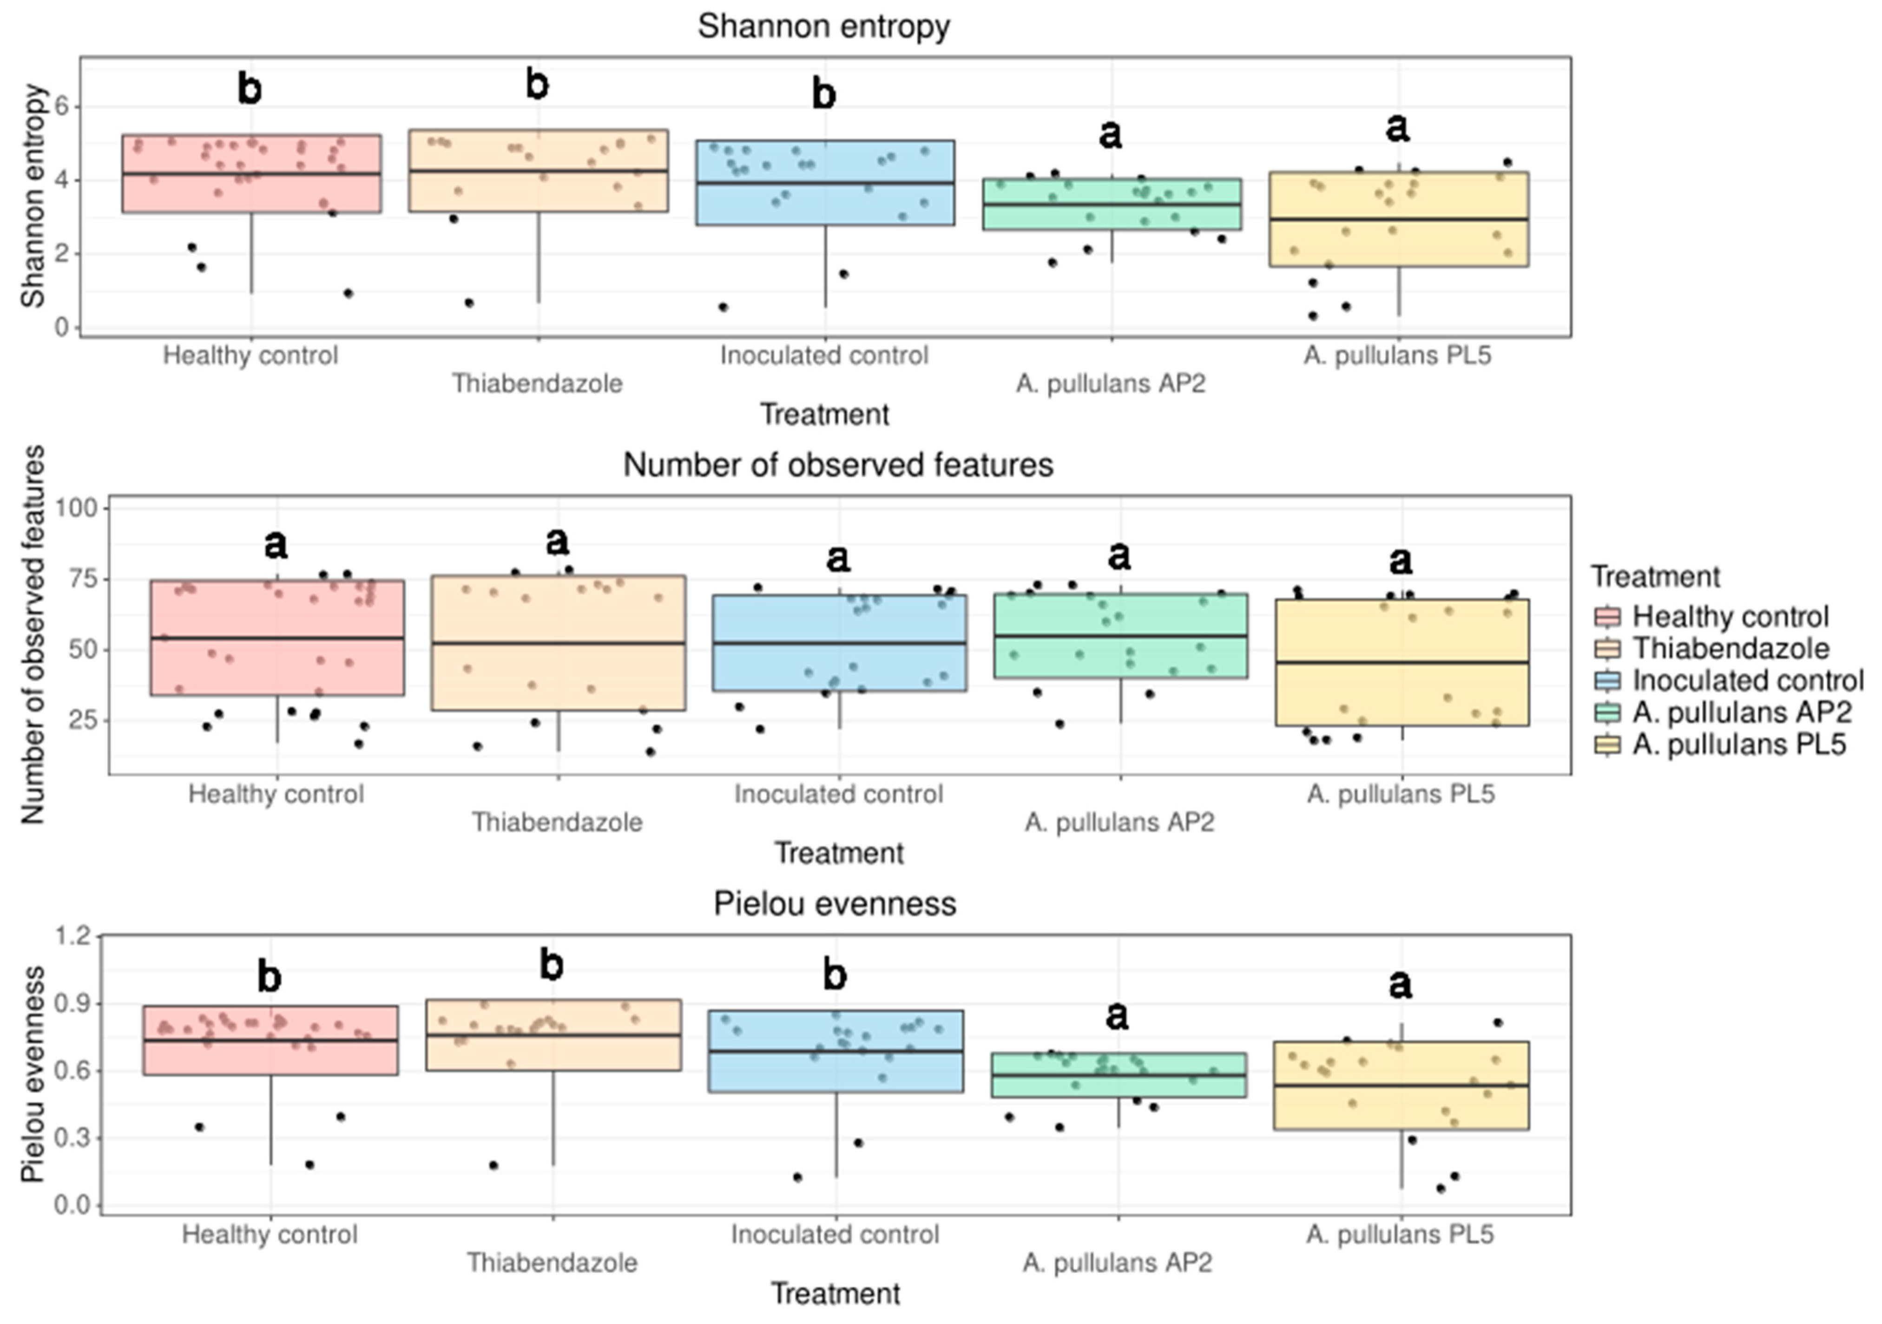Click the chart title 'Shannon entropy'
824,26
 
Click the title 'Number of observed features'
838,465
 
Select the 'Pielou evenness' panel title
835,903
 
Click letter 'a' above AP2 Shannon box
1111,134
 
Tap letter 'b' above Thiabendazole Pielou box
552,966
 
